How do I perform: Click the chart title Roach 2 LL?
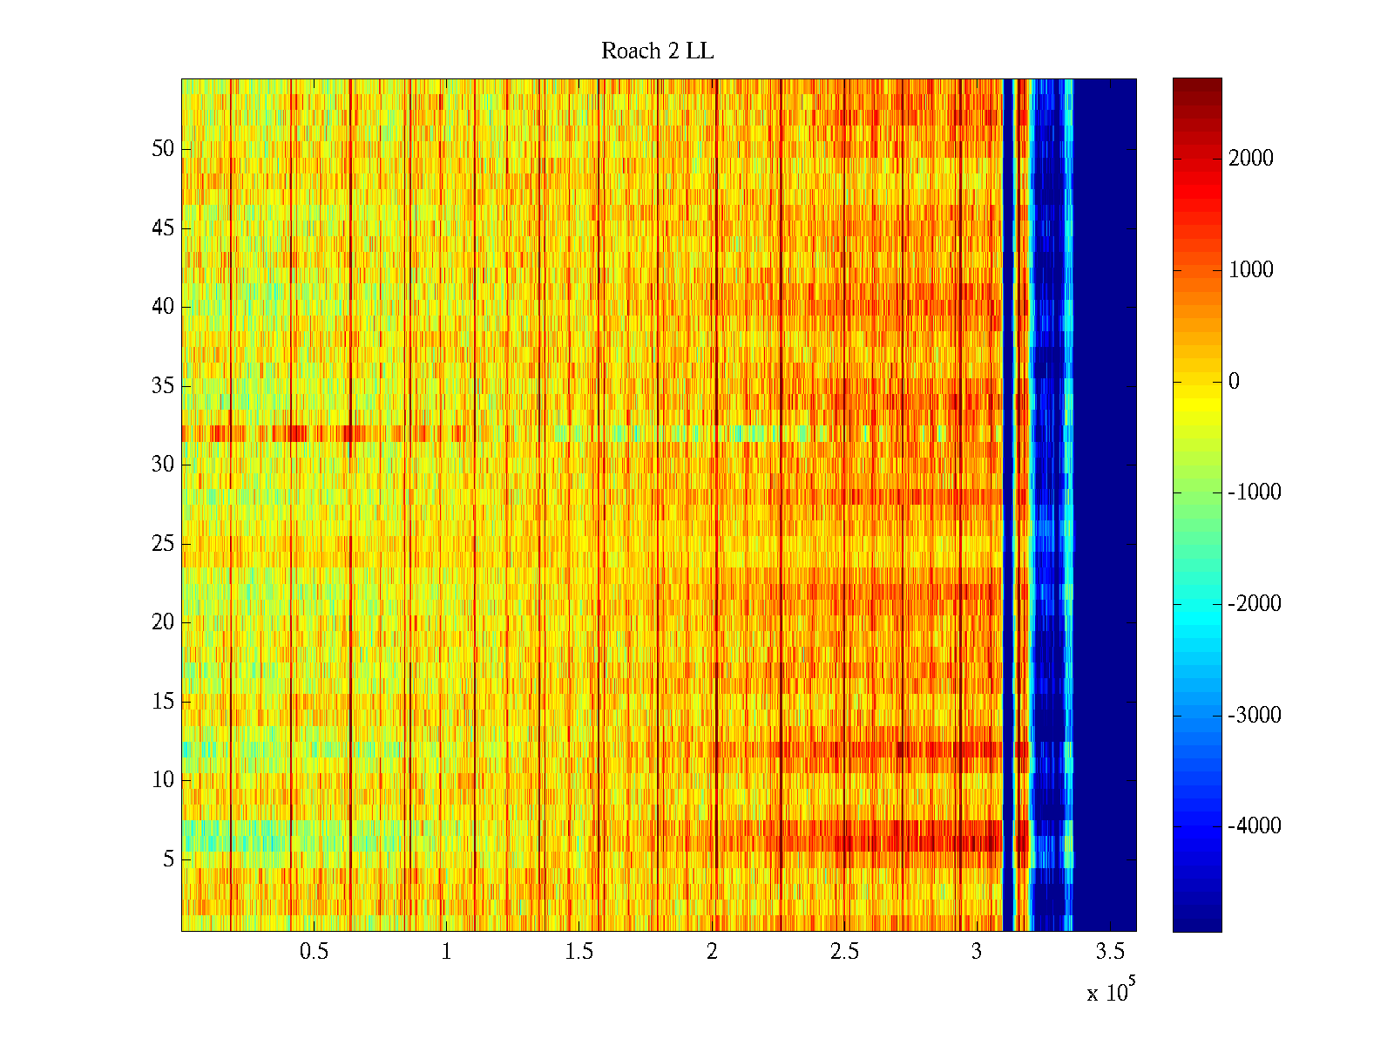(x=657, y=51)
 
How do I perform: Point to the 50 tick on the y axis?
(x=163, y=149)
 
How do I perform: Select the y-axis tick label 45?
(x=163, y=228)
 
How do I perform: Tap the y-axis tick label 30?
(x=163, y=465)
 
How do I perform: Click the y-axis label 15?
(x=163, y=702)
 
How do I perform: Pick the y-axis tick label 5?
(x=168, y=859)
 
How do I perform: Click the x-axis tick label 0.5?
(x=314, y=952)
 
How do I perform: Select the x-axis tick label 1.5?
(x=579, y=952)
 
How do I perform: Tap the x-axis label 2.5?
(x=844, y=952)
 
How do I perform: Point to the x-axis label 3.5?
(x=1109, y=952)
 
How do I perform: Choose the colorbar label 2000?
(x=1251, y=159)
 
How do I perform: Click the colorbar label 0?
(x=1234, y=381)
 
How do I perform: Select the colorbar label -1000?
(x=1255, y=492)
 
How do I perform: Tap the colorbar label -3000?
(x=1255, y=716)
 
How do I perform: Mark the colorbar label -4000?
(x=1255, y=826)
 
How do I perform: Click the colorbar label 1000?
(x=1251, y=270)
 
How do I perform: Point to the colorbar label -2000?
(x=1255, y=604)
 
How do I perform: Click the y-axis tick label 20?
(x=163, y=622)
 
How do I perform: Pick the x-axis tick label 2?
(x=712, y=952)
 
